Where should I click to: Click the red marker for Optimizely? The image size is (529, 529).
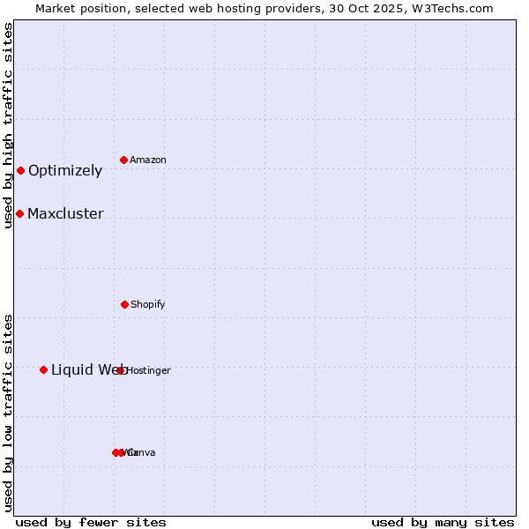click(20, 170)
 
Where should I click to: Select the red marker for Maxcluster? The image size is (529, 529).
click(19, 213)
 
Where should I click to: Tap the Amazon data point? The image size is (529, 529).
click(123, 160)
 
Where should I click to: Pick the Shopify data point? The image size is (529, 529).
click(124, 304)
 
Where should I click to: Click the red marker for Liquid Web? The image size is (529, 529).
click(43, 369)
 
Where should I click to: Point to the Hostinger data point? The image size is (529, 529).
click(121, 370)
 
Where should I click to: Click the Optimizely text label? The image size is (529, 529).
click(65, 171)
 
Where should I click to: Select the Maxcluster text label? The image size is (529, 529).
click(65, 214)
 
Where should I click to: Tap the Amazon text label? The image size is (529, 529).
click(148, 160)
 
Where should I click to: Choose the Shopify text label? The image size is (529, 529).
click(148, 305)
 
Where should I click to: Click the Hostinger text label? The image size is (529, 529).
click(148, 371)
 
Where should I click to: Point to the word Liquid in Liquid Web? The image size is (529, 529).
click(71, 370)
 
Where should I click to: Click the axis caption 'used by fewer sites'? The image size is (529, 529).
click(91, 522)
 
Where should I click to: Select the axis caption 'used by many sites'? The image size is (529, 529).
click(443, 522)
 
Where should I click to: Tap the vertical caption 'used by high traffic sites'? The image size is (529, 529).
click(8, 125)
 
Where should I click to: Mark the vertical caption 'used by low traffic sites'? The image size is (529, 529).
click(8, 413)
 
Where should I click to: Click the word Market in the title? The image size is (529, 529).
click(56, 8)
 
